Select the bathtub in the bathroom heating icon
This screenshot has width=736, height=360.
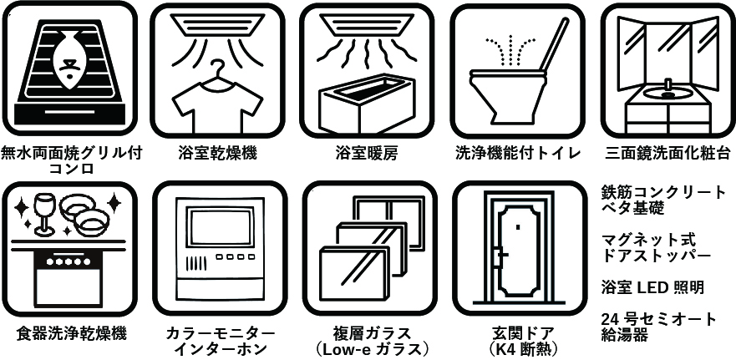(364, 104)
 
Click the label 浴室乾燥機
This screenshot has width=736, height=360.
(218, 154)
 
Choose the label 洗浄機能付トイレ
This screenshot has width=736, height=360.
(517, 154)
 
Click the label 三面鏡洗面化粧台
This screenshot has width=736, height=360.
(667, 154)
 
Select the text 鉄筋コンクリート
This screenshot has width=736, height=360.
(664, 192)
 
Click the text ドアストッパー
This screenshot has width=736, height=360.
(657, 256)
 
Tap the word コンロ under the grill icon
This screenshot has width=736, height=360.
(71, 169)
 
